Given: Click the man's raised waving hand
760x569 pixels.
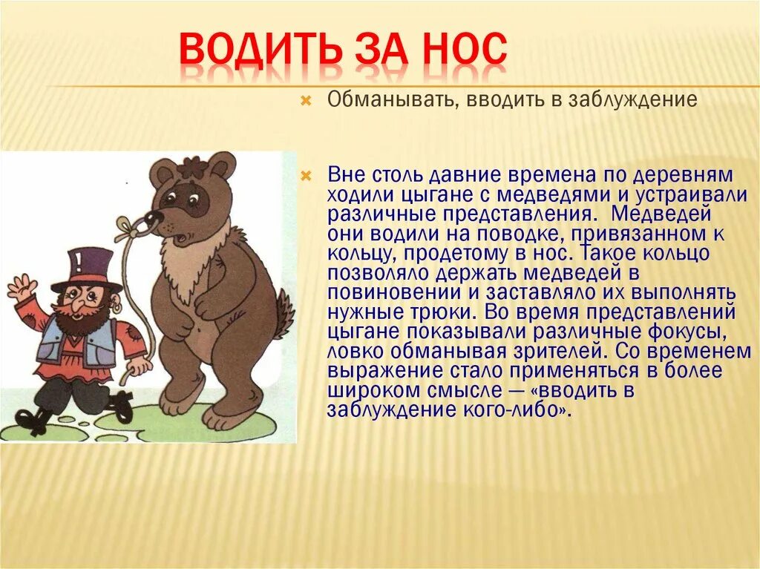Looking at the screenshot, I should tap(22, 286).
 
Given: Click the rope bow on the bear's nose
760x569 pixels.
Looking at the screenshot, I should tap(131, 226).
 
